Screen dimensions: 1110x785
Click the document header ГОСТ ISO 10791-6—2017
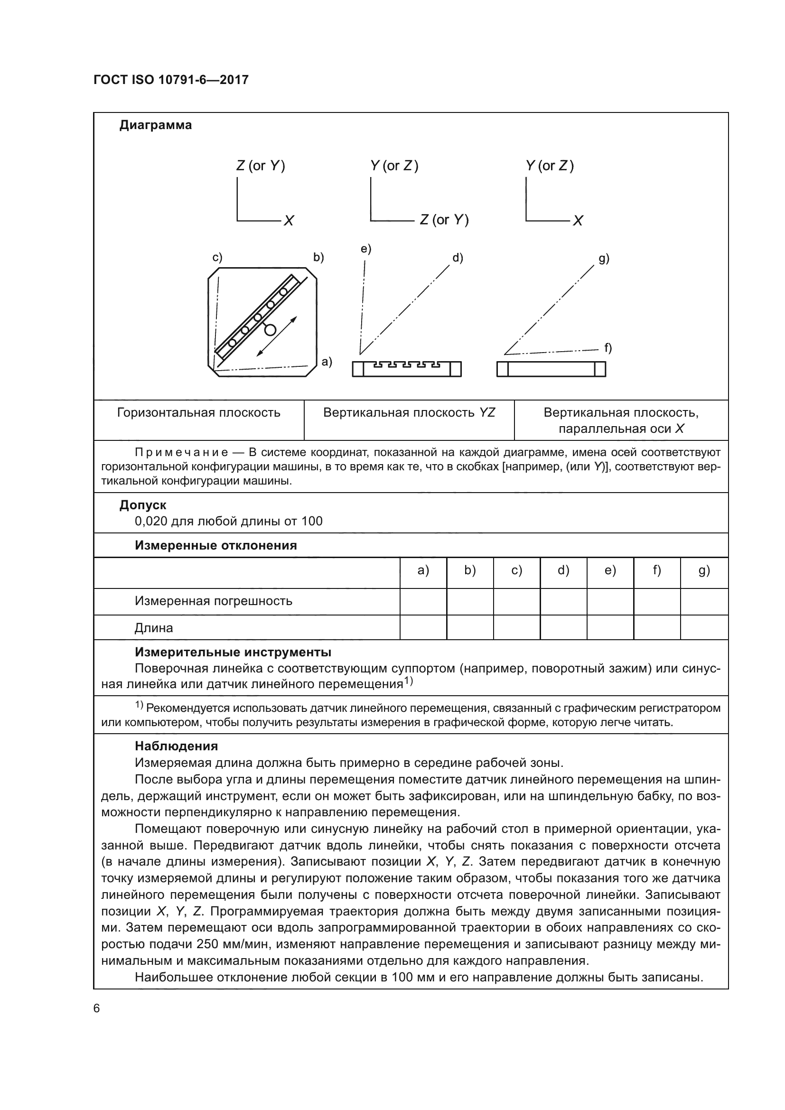coord(171,80)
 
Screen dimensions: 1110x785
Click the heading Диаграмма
coord(155,125)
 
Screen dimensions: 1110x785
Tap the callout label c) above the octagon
coord(217,258)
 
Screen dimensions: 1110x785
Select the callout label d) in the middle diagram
coord(458,258)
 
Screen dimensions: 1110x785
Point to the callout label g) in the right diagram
coord(604,259)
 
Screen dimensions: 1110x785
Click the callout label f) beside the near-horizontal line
coord(608,347)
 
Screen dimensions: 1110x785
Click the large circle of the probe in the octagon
coord(270,330)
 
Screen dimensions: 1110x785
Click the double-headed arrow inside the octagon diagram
coord(277,336)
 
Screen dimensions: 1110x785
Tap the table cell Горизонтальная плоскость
coord(199,412)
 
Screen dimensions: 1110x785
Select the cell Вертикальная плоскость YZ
coord(409,412)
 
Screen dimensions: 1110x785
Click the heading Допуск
coord(142,505)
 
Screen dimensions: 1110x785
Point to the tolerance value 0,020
coord(151,521)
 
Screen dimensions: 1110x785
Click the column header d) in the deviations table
coord(563,570)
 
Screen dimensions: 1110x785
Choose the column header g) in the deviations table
coord(704,570)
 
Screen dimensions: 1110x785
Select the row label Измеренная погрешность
coord(213,601)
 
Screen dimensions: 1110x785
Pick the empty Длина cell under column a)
coord(423,627)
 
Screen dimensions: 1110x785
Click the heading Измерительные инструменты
coord(233,652)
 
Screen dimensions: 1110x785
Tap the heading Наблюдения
coord(176,746)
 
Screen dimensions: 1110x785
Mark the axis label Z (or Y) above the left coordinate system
coord(261,166)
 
